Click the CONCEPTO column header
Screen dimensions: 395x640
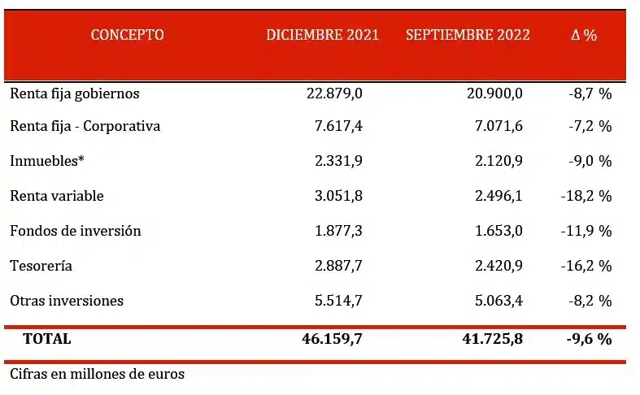(127, 35)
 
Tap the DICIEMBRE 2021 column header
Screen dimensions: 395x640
(323, 35)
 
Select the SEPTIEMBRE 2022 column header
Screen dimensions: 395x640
(468, 35)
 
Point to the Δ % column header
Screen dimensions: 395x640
(583, 35)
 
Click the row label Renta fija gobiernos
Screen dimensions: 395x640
(75, 93)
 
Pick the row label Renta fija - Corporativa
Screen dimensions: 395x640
(85, 127)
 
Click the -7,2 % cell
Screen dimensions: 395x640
(590, 127)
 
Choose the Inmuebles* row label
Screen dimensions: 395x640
(47, 162)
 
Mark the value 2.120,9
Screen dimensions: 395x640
(498, 162)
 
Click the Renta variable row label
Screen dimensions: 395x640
(57, 196)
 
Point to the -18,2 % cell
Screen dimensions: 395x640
(586, 196)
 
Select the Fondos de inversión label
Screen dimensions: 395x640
(76, 231)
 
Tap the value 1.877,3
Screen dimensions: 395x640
(337, 231)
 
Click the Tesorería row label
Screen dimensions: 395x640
(41, 266)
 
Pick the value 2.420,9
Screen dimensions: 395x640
(498, 266)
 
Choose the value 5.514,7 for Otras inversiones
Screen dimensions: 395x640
(337, 301)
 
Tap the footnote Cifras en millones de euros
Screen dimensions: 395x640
(98, 375)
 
